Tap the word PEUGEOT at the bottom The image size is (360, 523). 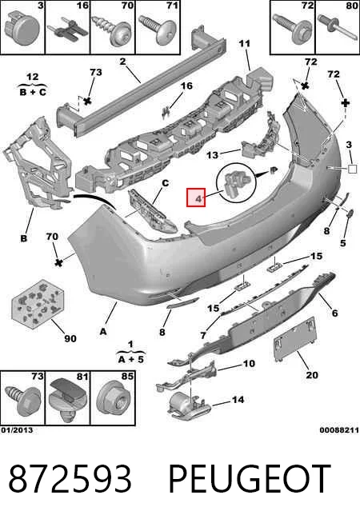[x=250, y=479]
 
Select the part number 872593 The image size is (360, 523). [x=70, y=479]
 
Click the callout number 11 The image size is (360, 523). [x=244, y=43]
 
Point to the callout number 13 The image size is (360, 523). [x=212, y=155]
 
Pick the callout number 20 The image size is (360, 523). [x=312, y=375]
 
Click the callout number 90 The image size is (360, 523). [x=70, y=338]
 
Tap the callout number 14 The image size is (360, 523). [x=238, y=399]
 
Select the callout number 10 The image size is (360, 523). [x=249, y=363]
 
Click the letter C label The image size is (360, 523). [x=165, y=183]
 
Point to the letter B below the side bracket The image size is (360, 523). [x=24, y=238]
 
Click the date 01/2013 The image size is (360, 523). [x=17, y=430]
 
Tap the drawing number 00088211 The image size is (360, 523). [x=339, y=430]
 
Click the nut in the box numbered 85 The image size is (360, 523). [x=114, y=400]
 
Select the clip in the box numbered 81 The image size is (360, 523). [x=68, y=398]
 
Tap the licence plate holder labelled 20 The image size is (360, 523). [x=294, y=339]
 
